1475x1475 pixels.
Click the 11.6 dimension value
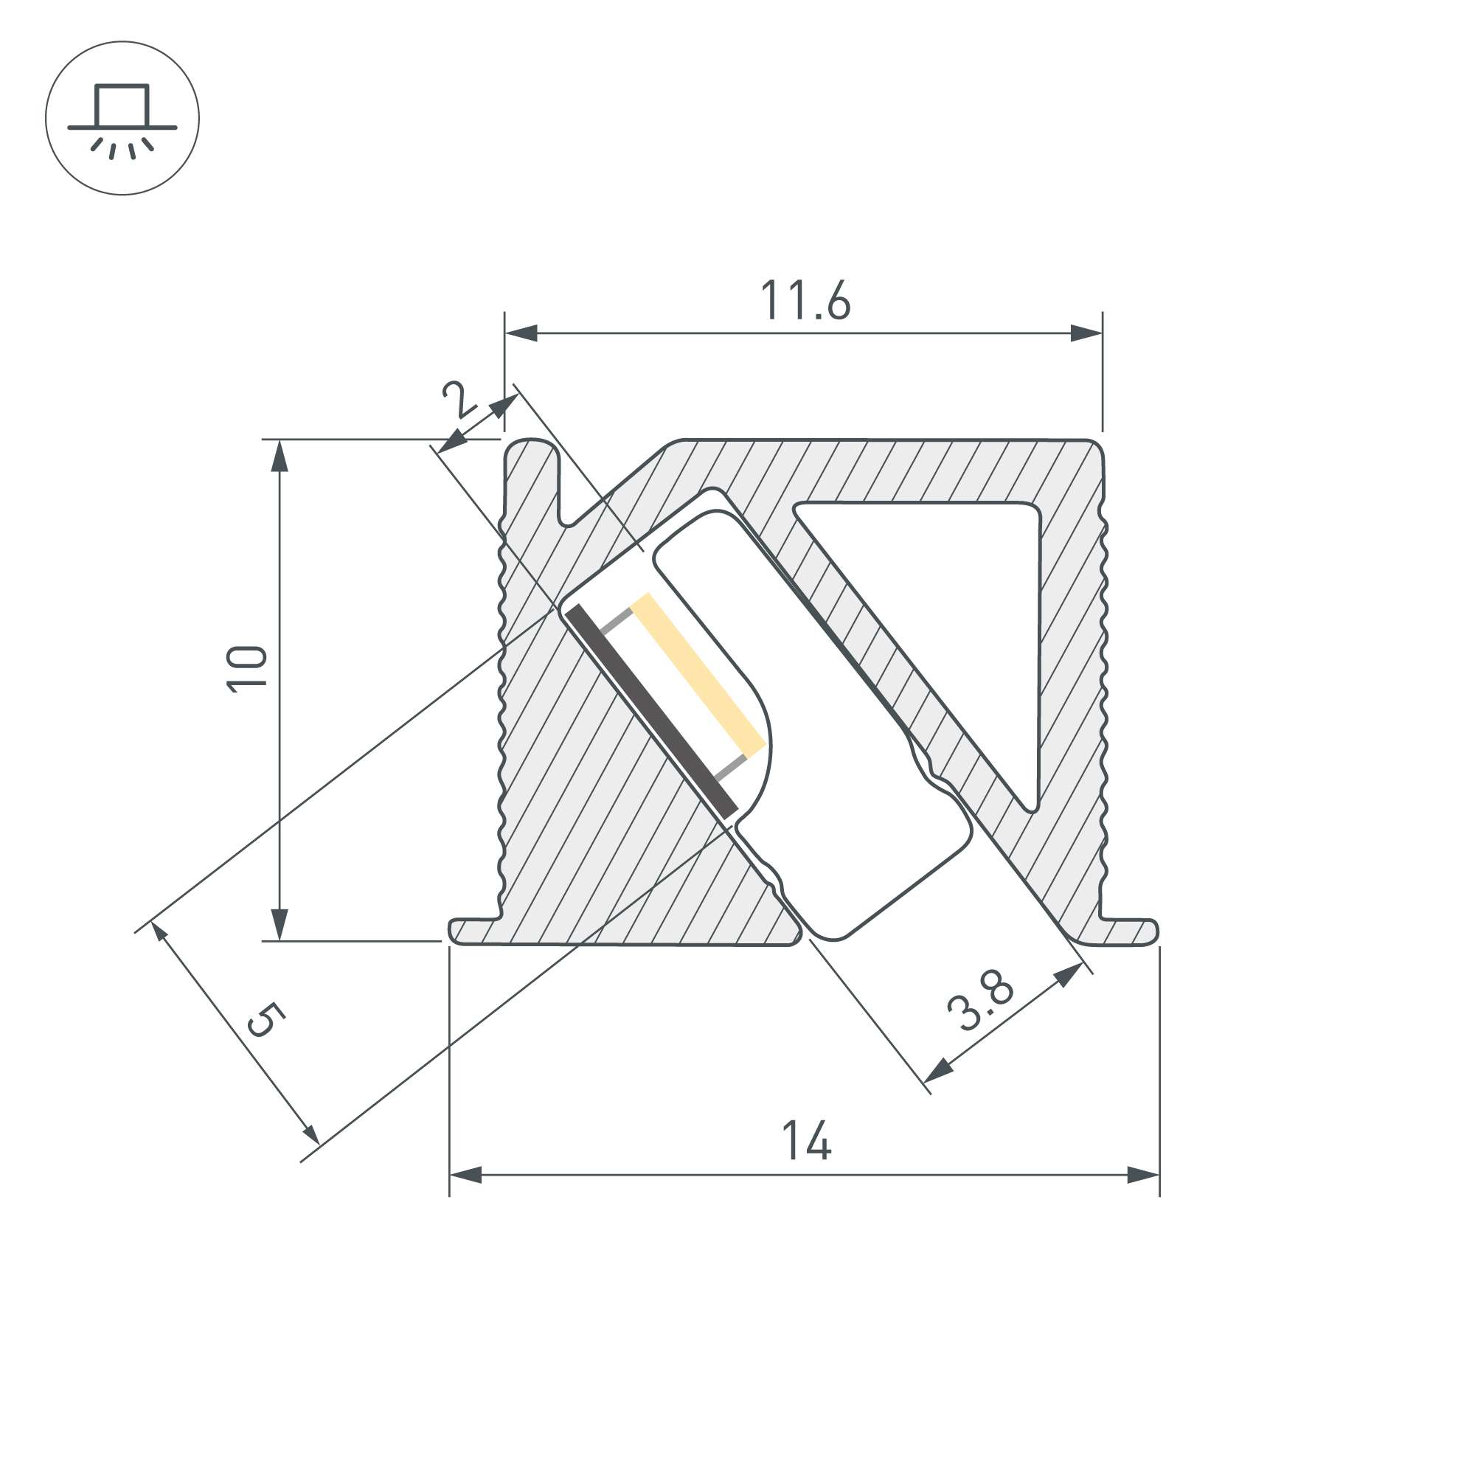coord(805,300)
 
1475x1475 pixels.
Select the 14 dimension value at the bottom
coord(806,1141)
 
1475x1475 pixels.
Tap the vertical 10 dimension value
coord(247,669)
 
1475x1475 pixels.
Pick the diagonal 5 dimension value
coord(265,1020)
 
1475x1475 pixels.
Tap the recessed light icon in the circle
coord(122,119)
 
